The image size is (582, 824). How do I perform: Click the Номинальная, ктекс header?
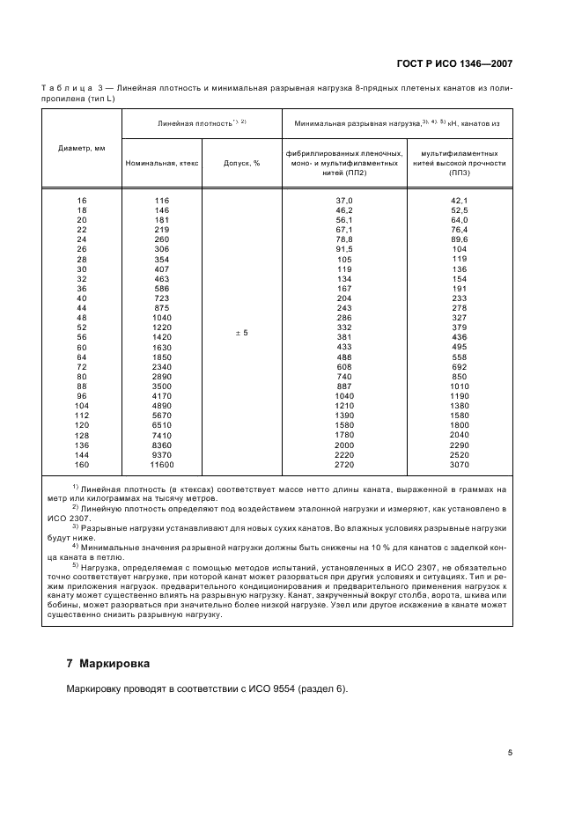click(162, 163)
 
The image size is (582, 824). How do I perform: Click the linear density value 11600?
click(162, 463)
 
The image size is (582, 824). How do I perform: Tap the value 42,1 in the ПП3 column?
click(459, 201)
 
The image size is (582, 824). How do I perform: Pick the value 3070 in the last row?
click(459, 463)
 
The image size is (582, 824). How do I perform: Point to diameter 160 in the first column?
click(82, 463)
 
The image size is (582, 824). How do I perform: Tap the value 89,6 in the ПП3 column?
click(459, 239)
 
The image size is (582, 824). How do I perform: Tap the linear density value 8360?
click(162, 445)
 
